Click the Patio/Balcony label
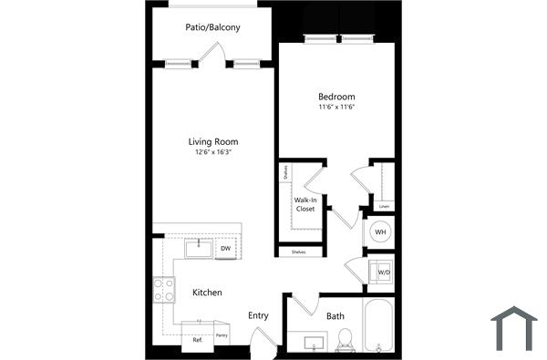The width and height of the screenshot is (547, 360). (212, 27)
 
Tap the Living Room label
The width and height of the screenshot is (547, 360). (212, 141)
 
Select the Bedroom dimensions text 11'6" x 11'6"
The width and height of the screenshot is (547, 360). (335, 108)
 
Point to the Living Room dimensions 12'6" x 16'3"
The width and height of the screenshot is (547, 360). (212, 153)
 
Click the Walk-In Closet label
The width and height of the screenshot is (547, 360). (304, 204)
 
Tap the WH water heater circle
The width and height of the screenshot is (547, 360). (380, 232)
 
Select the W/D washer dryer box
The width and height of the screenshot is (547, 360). (382, 271)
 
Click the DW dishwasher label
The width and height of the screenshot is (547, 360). (224, 247)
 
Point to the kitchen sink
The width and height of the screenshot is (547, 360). (197, 248)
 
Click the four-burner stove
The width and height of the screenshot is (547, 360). (164, 290)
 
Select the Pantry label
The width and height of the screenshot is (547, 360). (221, 334)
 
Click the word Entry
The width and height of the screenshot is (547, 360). (258, 315)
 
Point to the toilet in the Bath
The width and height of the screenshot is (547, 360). (345, 339)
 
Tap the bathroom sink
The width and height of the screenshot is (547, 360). (315, 343)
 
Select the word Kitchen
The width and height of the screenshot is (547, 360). (207, 293)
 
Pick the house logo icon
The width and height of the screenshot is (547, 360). (514, 328)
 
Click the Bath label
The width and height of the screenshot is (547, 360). (335, 316)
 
